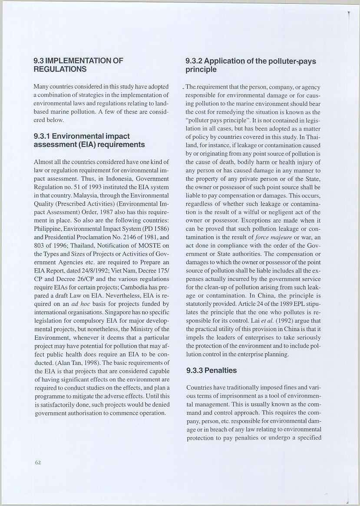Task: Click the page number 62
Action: pyautogui.click(x=38, y=463)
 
